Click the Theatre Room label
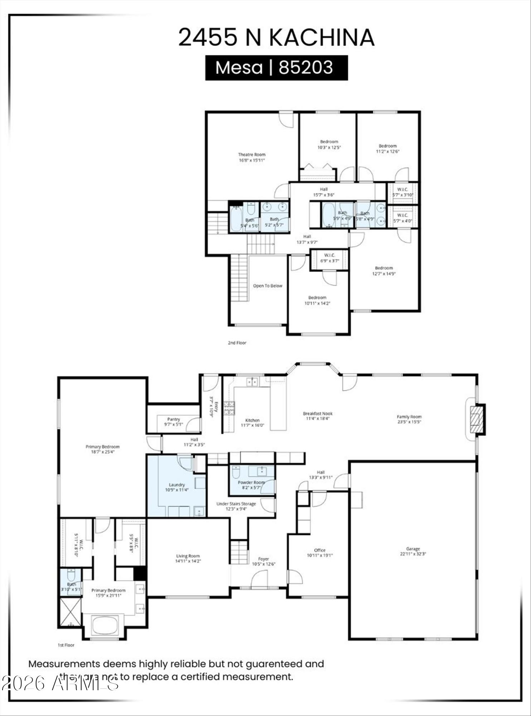pyautogui.click(x=252, y=155)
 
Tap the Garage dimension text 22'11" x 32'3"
pyautogui.click(x=413, y=554)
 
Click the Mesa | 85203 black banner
pyautogui.click(x=276, y=68)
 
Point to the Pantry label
pyautogui.click(x=174, y=419)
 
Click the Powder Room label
pyautogui.click(x=251, y=482)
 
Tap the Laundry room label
pyautogui.click(x=177, y=485)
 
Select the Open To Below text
pyautogui.click(x=268, y=286)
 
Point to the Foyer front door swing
pyautogui.click(x=259, y=579)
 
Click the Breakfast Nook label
pyautogui.click(x=317, y=413)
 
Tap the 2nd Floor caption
pyautogui.click(x=237, y=343)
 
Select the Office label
pyautogui.click(x=320, y=550)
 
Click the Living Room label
pyautogui.click(x=188, y=556)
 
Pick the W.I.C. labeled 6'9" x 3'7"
pyautogui.click(x=329, y=258)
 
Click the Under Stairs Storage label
pyautogui.click(x=236, y=504)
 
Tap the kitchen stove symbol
pyautogui.click(x=229, y=408)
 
